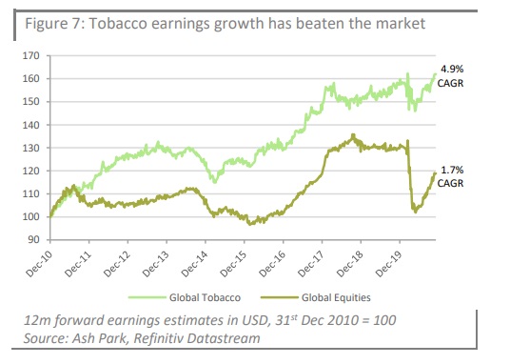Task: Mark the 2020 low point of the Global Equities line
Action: click(415, 212)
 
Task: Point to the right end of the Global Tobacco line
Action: click(437, 73)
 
